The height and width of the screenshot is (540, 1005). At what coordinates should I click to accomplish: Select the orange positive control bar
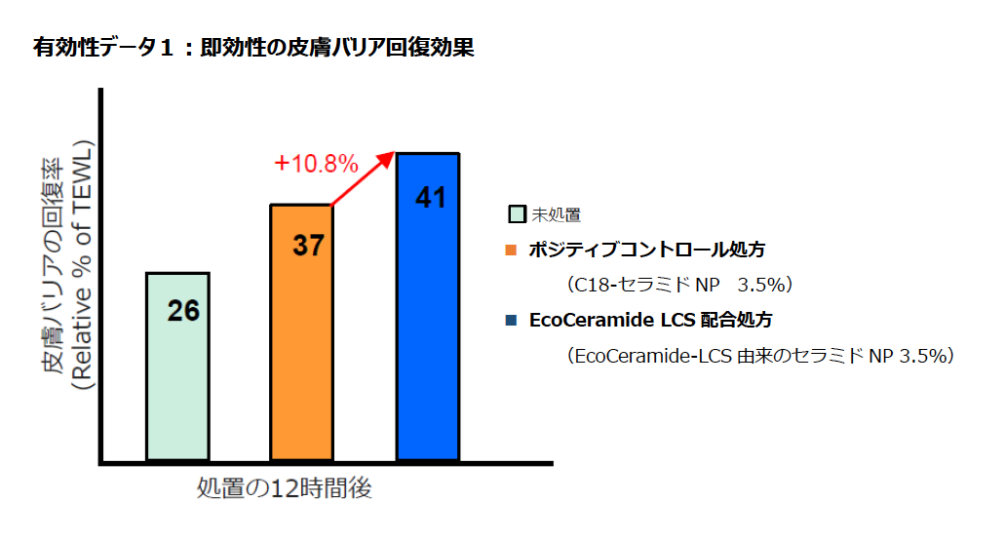click(301, 361)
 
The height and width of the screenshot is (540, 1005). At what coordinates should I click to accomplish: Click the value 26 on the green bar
click(183, 311)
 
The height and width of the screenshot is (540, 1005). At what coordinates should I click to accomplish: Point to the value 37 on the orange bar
click(308, 246)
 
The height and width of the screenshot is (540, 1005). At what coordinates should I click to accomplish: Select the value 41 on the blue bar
click(430, 197)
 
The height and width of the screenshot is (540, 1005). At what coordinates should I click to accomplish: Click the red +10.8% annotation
click(317, 164)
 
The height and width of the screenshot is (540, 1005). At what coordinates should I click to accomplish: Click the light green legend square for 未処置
click(518, 214)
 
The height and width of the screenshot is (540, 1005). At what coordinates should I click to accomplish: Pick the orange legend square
click(511, 251)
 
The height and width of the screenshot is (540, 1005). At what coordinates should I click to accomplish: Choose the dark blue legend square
click(511, 320)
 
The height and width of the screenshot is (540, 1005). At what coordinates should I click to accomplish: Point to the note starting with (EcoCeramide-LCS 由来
click(759, 356)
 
